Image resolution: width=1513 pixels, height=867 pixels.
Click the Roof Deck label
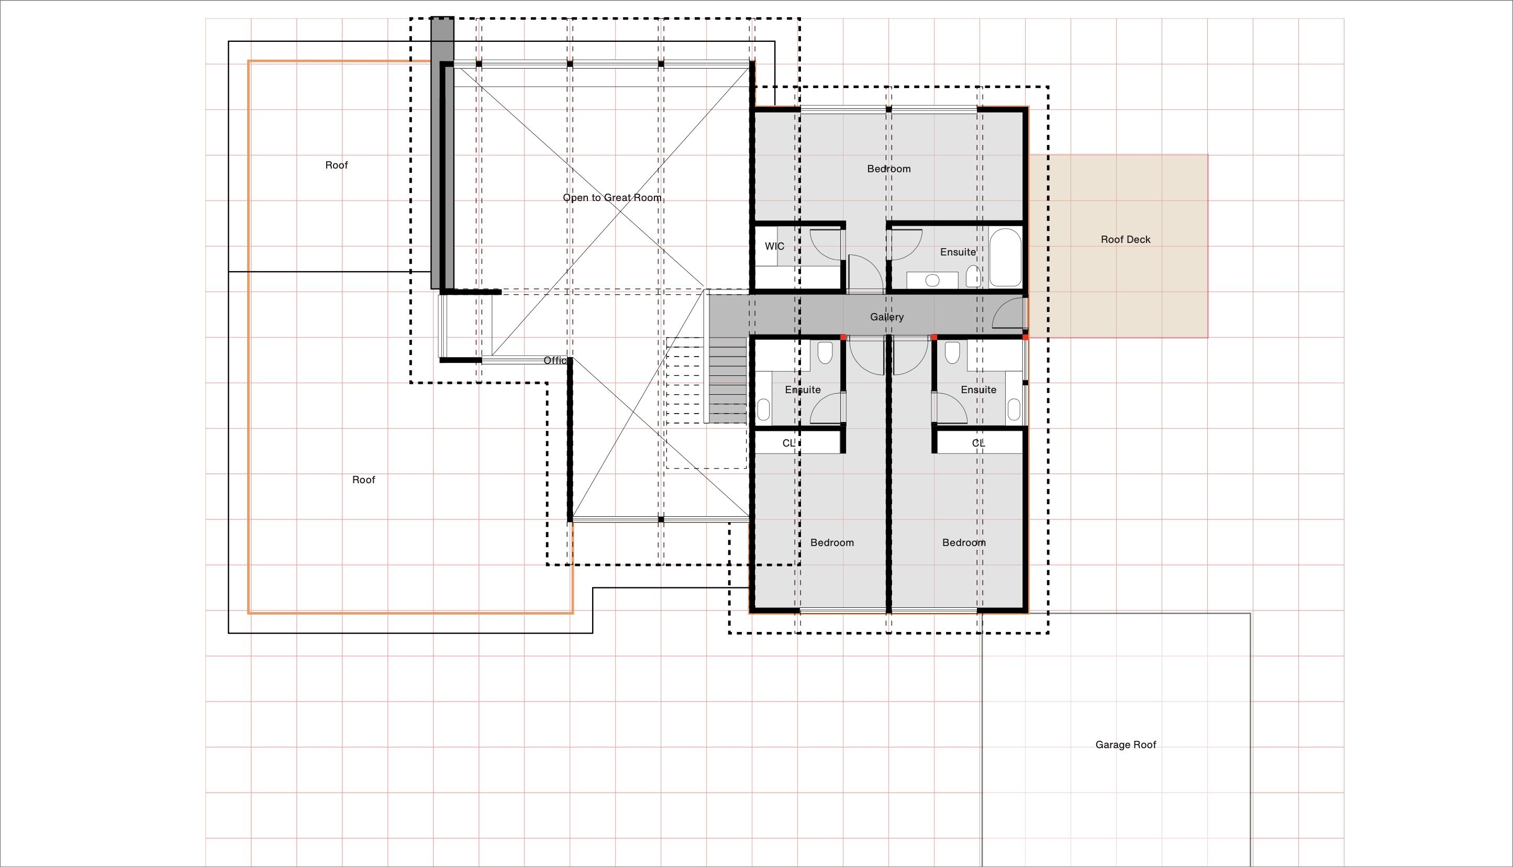1126,239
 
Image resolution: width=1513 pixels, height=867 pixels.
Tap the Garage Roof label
1126,744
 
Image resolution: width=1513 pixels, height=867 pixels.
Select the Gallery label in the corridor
887,317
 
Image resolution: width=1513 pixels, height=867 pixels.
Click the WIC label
774,246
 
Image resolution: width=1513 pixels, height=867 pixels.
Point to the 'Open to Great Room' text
612,198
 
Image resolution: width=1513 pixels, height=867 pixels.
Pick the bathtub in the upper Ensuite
1005,258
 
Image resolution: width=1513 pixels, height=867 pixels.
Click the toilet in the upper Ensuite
973,276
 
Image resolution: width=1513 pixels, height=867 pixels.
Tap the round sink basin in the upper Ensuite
932,280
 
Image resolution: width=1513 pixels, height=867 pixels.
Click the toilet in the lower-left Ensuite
825,352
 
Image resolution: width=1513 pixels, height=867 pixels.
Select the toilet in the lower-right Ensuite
952,352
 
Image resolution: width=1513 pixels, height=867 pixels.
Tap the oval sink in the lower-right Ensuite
1014,410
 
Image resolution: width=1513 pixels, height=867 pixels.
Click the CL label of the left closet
788,443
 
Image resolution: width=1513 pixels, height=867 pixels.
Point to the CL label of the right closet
978,443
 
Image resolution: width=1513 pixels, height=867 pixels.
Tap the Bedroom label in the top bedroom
888,169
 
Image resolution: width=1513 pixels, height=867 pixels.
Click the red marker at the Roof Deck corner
1026,338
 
